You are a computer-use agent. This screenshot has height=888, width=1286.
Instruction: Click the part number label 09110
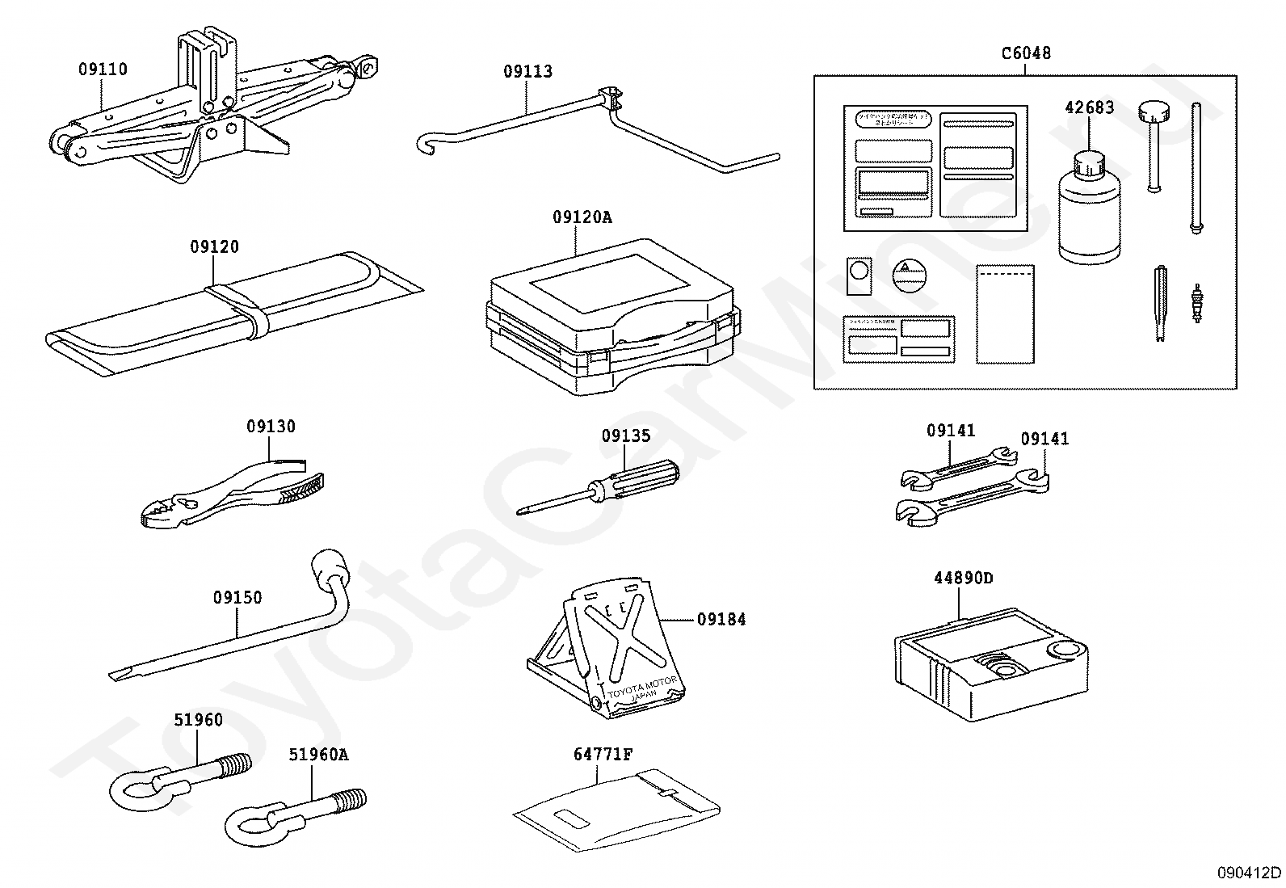click(x=103, y=69)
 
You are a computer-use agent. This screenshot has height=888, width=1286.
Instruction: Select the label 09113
click(x=527, y=71)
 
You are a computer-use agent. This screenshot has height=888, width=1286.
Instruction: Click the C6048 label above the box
click(x=1026, y=53)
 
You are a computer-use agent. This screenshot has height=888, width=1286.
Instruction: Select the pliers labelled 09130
click(x=234, y=493)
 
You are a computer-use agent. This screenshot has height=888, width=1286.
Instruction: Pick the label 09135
click(x=625, y=436)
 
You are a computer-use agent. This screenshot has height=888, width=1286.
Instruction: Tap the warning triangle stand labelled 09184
click(x=614, y=646)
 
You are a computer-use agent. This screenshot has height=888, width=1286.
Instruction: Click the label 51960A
click(x=318, y=755)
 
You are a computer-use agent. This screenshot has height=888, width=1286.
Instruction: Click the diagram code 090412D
click(x=1250, y=872)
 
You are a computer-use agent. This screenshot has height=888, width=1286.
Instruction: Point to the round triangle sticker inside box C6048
click(x=908, y=275)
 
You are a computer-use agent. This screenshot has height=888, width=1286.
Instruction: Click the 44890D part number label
click(x=963, y=578)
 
